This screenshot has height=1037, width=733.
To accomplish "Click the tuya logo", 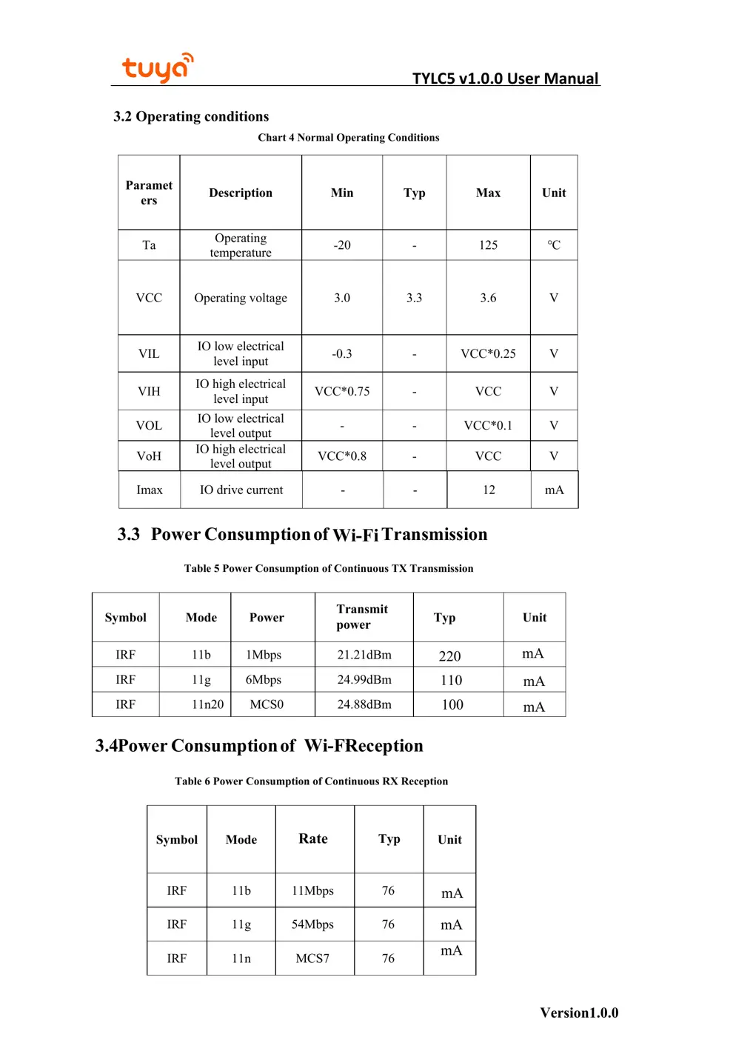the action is [157, 67].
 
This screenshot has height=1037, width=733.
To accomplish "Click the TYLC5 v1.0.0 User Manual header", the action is [505, 79].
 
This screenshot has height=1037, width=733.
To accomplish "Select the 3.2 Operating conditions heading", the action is [191, 116].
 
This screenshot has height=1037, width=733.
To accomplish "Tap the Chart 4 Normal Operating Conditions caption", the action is [348, 138].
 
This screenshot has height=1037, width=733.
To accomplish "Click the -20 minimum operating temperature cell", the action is [342, 245].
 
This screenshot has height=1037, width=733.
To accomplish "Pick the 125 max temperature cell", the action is [488, 245].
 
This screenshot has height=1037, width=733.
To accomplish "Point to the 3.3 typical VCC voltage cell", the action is [414, 298].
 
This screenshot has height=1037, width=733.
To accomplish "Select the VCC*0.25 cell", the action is [488, 354].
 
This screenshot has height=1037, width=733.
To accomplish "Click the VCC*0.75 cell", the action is [342, 391].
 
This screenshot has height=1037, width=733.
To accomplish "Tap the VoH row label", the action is [149, 456].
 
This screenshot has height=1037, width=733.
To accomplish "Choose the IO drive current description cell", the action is [241, 490].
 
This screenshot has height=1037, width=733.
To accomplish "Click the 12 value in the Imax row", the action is [489, 490].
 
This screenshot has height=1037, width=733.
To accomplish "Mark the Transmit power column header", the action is [362, 617].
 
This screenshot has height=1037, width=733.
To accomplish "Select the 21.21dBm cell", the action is [364, 655].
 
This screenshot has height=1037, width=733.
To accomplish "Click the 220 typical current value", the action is [449, 656].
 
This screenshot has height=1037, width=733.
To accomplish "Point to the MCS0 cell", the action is [267, 704].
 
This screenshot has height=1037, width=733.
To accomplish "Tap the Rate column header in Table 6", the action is [313, 838].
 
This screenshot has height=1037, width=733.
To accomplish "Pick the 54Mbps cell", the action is [312, 924].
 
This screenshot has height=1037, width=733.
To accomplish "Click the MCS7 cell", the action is [312, 958].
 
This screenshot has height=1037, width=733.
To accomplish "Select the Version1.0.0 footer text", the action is [579, 1013].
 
